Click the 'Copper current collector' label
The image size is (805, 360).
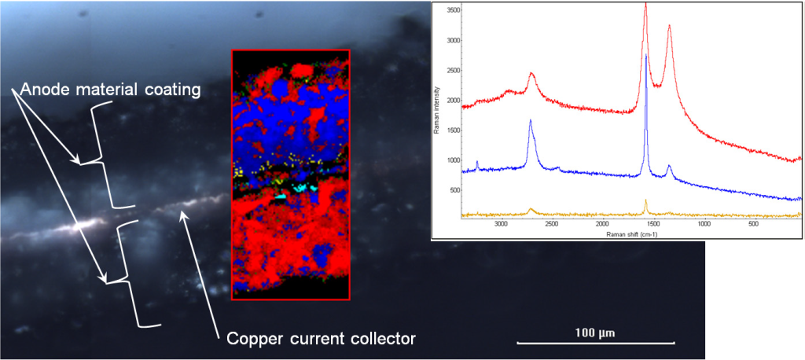click(x=320, y=340)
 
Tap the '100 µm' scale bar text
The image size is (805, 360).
click(x=595, y=332)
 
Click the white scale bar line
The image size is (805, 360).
click(x=595, y=343)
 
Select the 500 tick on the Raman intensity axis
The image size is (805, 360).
click(x=450, y=189)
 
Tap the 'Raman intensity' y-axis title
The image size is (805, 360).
click(x=437, y=118)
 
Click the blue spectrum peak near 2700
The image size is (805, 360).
click(x=531, y=120)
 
